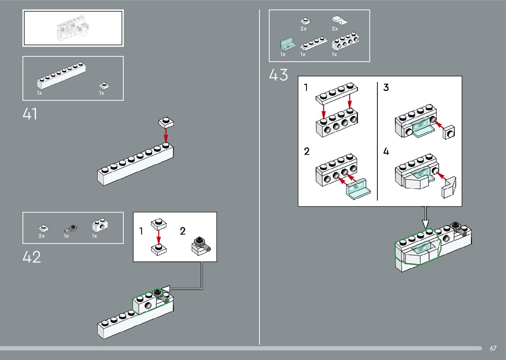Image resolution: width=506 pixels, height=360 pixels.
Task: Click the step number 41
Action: tap(30, 114)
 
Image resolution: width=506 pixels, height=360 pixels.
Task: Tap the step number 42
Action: tap(32, 257)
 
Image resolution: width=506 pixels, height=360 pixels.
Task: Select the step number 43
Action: tap(278, 75)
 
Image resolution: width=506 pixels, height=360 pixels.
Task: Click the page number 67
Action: tap(493, 348)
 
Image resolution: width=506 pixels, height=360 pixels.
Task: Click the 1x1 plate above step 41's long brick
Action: tap(166, 122)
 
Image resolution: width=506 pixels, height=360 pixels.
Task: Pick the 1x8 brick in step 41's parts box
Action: tap(61, 76)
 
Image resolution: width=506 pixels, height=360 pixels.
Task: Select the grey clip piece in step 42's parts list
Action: tap(71, 228)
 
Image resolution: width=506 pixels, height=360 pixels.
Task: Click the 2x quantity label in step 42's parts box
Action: tap(42, 236)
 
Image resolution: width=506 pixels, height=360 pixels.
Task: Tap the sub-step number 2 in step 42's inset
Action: tap(183, 231)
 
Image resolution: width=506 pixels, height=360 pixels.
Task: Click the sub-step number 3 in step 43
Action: tap(386, 88)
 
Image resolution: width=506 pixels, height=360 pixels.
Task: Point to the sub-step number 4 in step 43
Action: tap(386, 152)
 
